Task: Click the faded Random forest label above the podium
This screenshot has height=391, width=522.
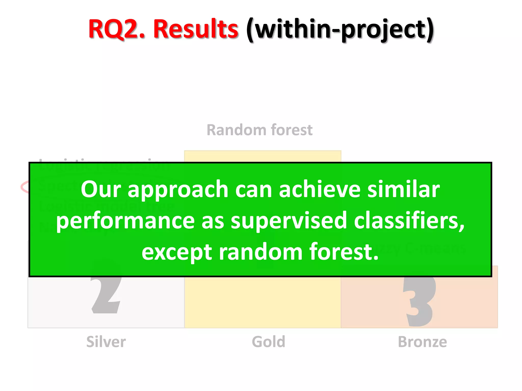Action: (259, 130)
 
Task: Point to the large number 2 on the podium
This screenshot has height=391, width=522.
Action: (106, 295)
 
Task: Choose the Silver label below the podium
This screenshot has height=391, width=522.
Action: (106, 342)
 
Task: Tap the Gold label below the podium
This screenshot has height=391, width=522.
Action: (268, 342)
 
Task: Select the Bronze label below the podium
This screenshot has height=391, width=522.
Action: (422, 342)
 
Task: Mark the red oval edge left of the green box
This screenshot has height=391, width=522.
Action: (24, 187)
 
